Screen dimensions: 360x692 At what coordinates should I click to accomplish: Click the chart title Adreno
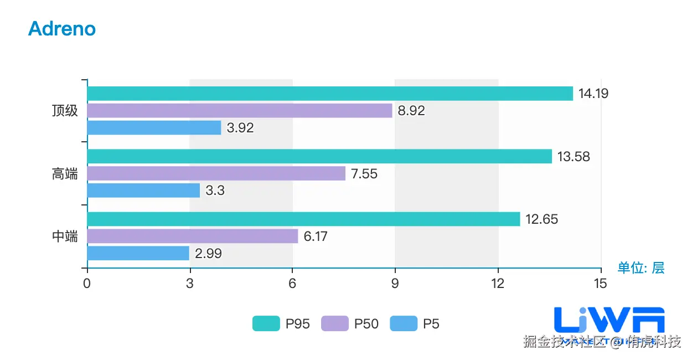point(62,29)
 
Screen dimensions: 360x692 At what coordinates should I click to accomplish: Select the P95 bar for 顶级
point(330,94)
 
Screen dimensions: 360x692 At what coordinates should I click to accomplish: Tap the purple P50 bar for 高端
point(216,174)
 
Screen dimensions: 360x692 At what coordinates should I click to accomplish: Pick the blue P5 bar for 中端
point(138,253)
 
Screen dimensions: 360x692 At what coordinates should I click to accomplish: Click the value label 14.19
point(593,94)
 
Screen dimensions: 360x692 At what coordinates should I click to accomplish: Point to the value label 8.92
point(411,111)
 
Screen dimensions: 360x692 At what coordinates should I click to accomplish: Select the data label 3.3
point(215,191)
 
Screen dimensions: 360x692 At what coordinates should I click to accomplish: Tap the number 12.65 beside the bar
point(541,219)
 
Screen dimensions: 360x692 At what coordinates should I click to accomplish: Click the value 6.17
point(316,236)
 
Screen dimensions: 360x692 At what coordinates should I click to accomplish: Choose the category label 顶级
point(65,111)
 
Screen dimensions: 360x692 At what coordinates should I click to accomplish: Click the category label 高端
point(65,174)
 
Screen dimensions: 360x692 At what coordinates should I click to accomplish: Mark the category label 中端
point(65,236)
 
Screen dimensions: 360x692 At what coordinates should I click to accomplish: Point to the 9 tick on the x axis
point(395,284)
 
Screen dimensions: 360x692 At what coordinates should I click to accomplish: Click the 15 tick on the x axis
point(601,284)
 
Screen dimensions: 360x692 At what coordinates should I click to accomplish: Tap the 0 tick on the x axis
point(87,284)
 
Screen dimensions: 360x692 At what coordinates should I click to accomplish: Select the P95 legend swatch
point(266,323)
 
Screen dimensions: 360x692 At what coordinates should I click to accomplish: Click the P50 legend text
point(366,323)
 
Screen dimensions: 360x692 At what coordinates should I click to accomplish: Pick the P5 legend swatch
point(404,323)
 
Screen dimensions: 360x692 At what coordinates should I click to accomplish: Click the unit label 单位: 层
point(641,268)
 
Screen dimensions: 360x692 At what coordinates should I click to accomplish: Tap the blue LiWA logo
point(609,320)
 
